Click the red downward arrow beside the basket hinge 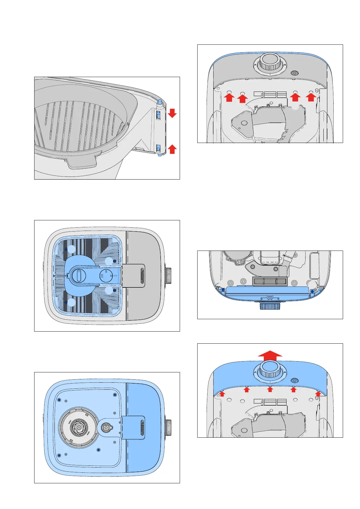coord(172,113)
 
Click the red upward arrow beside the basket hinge coord(172,149)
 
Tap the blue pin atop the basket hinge coord(159,102)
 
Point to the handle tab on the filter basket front coord(82,161)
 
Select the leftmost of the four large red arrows coord(229,97)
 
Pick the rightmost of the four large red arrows coord(311,97)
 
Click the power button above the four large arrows coord(294,73)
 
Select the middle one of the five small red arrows coord(270,389)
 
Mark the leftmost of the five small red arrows coord(222,393)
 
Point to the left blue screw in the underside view coord(223,290)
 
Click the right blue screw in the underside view coord(312,291)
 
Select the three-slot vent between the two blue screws coord(270,281)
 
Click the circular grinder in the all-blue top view coord(79,426)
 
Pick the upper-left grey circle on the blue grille coord(71,249)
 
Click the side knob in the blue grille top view coord(168,276)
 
